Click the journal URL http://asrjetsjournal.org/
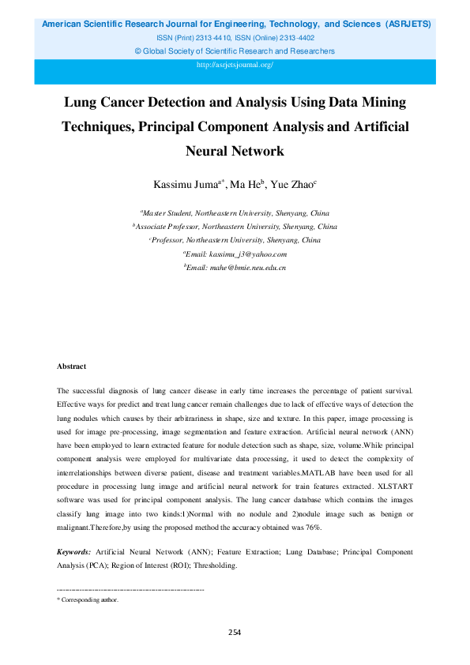pyautogui.click(x=235, y=65)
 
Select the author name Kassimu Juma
pyautogui.click(x=186, y=185)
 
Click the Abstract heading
pyautogui.click(x=72, y=366)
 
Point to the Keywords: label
pyautogui.click(x=74, y=550)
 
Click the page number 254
pyautogui.click(x=235, y=632)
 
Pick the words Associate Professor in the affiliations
pyautogui.click(x=172, y=226)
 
